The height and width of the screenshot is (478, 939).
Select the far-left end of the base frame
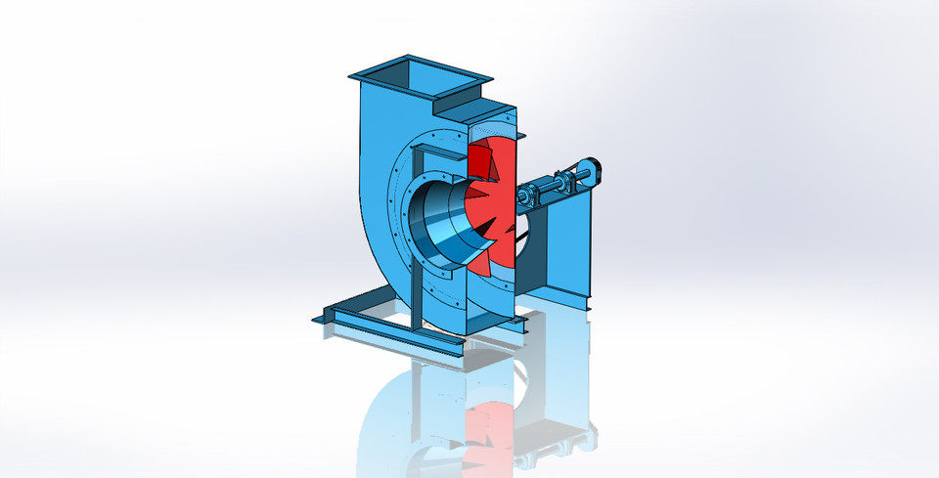[x=317, y=318]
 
